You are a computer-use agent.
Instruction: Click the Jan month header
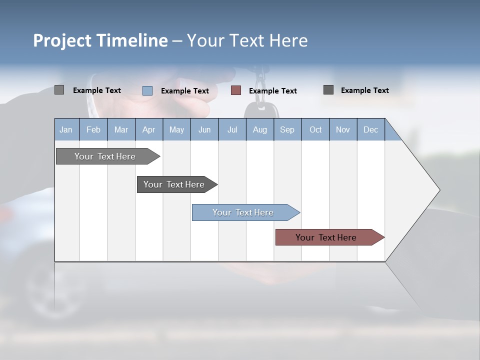66,130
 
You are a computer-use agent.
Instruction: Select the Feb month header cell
93,130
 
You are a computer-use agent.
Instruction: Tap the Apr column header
148,130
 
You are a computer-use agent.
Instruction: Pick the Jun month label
204,130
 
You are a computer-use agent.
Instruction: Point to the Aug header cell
259,130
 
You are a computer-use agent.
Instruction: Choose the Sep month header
287,130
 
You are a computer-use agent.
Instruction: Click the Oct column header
315,130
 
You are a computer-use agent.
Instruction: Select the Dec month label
370,130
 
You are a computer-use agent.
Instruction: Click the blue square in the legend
147,90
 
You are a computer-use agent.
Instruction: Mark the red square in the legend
236,90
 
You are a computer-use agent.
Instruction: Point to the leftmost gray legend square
59,90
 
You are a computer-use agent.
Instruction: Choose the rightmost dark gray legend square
328,90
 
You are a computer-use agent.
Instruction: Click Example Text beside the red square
272,91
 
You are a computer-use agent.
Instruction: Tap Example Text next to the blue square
184,91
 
